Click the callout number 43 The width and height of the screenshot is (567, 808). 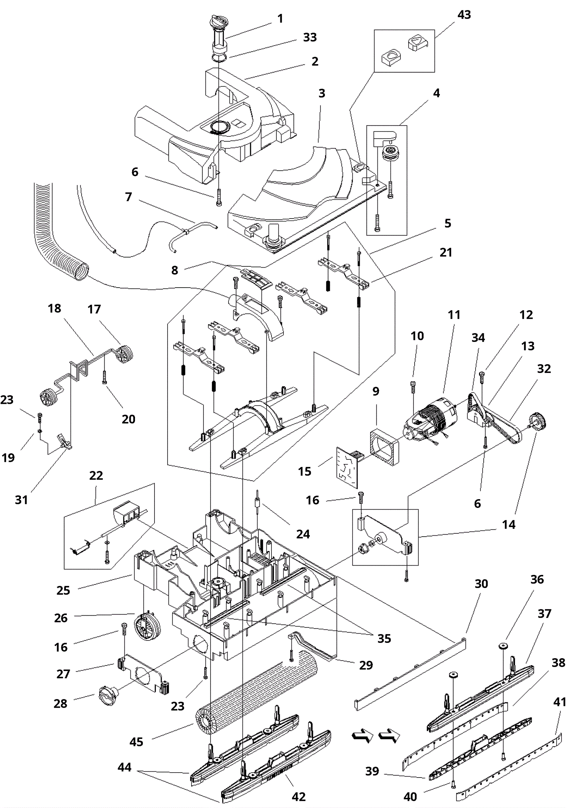[464, 15]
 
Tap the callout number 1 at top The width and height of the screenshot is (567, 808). [280, 18]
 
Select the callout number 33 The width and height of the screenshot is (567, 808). [310, 37]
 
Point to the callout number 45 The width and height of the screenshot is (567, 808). [136, 742]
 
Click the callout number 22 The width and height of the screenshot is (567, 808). [96, 475]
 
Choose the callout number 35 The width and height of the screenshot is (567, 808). [384, 638]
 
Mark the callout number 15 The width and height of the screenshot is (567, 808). [304, 471]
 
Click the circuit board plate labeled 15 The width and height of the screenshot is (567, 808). [347, 466]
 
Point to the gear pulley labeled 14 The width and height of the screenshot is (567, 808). [538, 422]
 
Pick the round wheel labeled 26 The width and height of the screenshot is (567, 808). [147, 627]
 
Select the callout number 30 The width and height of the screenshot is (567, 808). [481, 583]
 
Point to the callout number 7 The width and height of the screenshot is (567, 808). [129, 197]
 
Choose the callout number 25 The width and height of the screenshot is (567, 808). [63, 590]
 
